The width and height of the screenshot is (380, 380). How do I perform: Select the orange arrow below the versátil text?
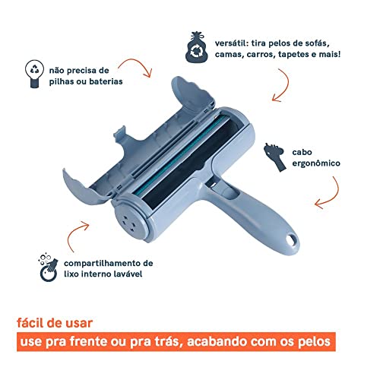283,91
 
